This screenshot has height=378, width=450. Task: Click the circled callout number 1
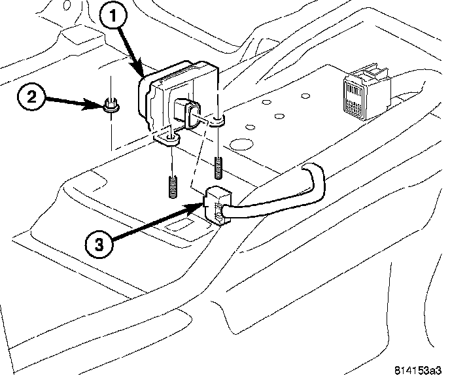(113, 16)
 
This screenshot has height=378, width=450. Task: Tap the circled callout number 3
(99, 245)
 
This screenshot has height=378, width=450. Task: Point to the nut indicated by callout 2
(111, 105)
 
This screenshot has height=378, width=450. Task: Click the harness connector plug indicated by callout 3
(217, 204)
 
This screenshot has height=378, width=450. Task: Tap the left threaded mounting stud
(172, 186)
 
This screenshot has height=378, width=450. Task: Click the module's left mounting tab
(167, 139)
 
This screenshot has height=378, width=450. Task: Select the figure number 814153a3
(417, 370)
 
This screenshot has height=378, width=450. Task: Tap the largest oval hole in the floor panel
(241, 144)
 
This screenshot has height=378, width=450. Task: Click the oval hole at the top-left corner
(67, 5)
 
